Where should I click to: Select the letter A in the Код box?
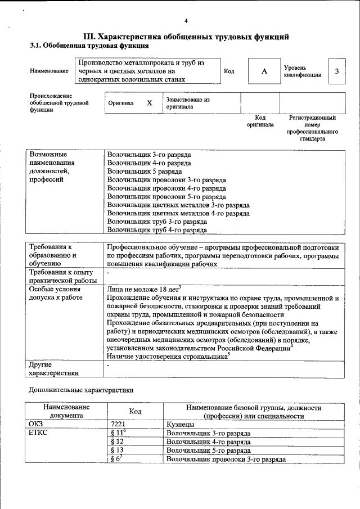click(x=264, y=71)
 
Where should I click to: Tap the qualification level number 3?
click(x=336, y=71)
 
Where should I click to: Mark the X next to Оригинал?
click(x=149, y=103)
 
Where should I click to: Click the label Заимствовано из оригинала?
click(x=187, y=103)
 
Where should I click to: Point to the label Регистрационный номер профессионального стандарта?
click(x=312, y=128)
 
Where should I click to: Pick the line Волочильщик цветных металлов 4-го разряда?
click(x=178, y=213)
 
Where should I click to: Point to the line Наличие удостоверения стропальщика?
click(x=167, y=356)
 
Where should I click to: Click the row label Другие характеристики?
click(x=53, y=368)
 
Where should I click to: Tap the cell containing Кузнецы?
click(x=181, y=424)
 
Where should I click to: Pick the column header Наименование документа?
click(x=66, y=411)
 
